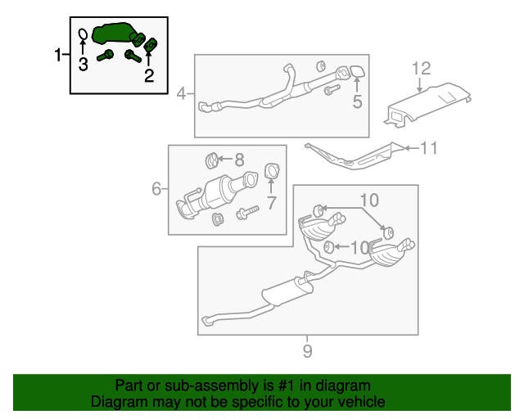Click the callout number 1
58,55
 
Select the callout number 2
149,75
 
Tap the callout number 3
84,64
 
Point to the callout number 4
181,93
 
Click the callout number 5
357,101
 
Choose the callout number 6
156,189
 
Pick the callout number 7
271,202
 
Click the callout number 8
239,160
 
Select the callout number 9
308,351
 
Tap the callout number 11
428,147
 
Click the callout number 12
421,69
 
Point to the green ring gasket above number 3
83,34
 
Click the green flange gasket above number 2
151,44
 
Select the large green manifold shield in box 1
114,33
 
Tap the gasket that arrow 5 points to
357,71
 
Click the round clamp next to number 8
211,160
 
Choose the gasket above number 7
272,171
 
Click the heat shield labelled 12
427,105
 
